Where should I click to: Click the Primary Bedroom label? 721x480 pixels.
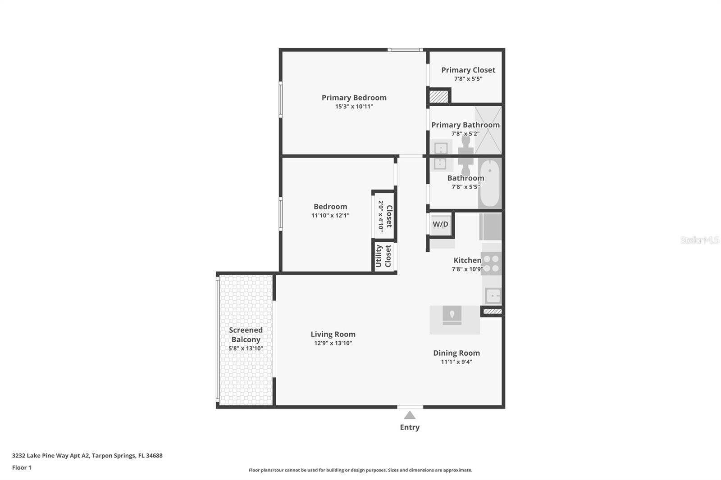click(x=354, y=98)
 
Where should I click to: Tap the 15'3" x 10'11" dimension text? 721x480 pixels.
click(x=354, y=107)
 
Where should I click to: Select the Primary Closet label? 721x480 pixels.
click(x=468, y=70)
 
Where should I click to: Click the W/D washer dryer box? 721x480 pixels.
click(x=440, y=224)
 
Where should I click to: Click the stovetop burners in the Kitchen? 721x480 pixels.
click(x=492, y=263)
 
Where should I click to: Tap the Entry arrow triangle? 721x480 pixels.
click(x=410, y=415)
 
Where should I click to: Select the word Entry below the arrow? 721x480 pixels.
click(x=410, y=427)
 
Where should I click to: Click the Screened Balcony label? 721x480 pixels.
click(x=246, y=335)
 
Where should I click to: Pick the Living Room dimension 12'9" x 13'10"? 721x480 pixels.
click(x=333, y=343)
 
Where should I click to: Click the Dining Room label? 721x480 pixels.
click(x=456, y=353)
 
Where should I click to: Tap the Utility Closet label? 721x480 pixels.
click(x=383, y=256)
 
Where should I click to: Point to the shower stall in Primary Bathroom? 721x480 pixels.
click(x=488, y=130)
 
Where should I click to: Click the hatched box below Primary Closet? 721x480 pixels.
click(x=438, y=97)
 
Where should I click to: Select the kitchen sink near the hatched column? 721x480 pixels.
click(x=493, y=296)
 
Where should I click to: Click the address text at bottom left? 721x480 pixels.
click(x=87, y=456)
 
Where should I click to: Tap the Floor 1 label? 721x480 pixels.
click(x=22, y=468)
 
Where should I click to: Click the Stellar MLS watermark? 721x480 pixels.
click(x=699, y=240)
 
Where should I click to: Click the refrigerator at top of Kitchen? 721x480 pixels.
click(x=490, y=226)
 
